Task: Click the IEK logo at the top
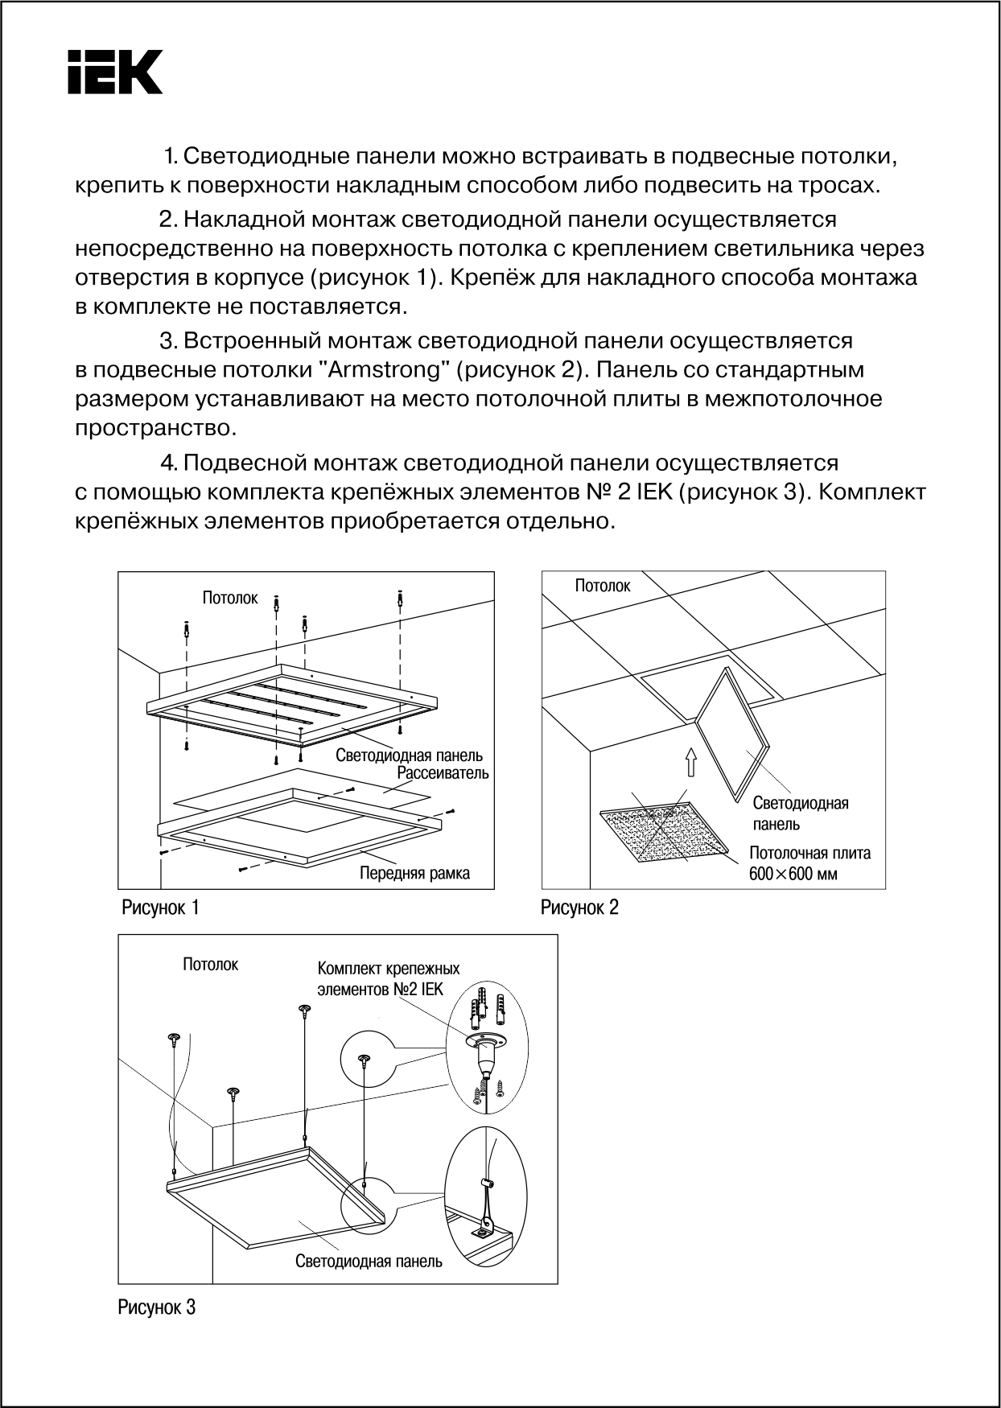(x=115, y=72)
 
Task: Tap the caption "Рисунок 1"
(x=160, y=908)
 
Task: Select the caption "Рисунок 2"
(x=579, y=908)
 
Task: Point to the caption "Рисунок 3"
(x=157, y=1307)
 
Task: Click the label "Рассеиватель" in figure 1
(x=443, y=773)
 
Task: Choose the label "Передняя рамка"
(x=414, y=873)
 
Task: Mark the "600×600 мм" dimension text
(x=793, y=874)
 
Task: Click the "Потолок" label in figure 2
(x=603, y=586)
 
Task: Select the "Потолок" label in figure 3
(x=210, y=965)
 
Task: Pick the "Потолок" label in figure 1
(x=230, y=598)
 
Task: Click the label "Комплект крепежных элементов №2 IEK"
(x=388, y=978)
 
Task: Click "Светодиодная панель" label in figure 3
(x=369, y=1262)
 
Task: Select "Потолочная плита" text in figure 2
(x=809, y=853)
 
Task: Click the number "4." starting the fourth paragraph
(x=168, y=463)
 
